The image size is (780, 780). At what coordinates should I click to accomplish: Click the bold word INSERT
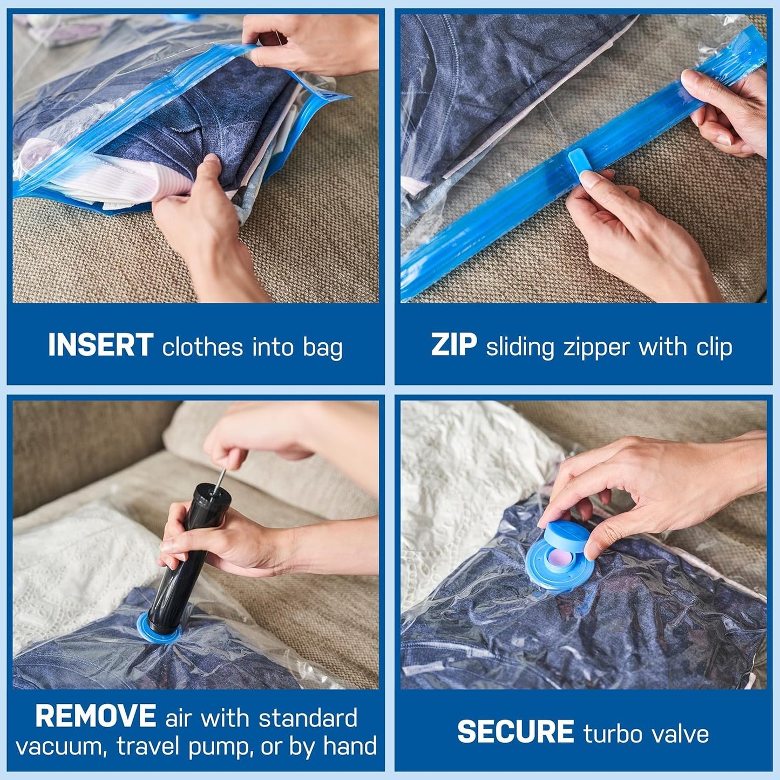(x=100, y=345)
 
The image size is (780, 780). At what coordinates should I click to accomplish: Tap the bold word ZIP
(x=453, y=345)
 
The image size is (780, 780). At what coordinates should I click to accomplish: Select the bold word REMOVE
(x=96, y=716)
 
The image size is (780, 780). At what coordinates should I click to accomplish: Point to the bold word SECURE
(x=516, y=732)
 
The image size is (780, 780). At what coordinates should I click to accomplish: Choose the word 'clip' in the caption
(x=714, y=347)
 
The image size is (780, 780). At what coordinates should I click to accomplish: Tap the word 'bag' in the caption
(x=322, y=348)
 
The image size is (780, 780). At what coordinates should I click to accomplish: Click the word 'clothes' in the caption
(x=202, y=347)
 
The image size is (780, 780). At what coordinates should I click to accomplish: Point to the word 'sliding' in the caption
(x=520, y=348)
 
